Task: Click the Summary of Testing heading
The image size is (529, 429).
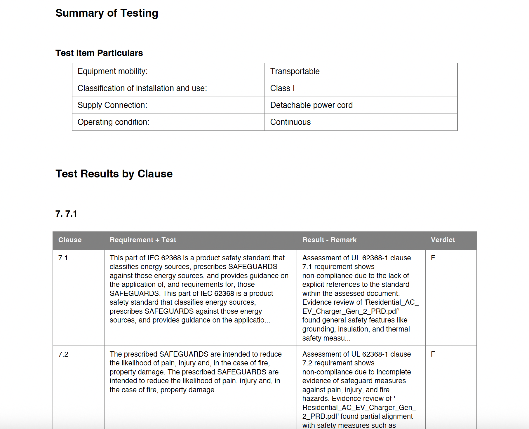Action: pyautogui.click(x=107, y=13)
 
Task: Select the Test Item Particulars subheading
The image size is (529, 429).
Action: pyautogui.click(x=99, y=53)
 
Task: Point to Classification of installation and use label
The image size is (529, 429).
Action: pyautogui.click(x=142, y=88)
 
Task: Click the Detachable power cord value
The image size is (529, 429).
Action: pyautogui.click(x=311, y=105)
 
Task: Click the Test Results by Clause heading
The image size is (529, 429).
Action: pyautogui.click(x=114, y=174)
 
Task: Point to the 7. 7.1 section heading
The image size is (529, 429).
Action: pyautogui.click(x=66, y=214)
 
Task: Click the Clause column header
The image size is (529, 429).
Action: pyautogui.click(x=70, y=240)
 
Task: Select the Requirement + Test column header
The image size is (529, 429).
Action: pyautogui.click(x=143, y=240)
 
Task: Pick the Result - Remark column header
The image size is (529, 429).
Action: pyautogui.click(x=329, y=240)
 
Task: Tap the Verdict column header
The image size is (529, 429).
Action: pyautogui.click(x=443, y=240)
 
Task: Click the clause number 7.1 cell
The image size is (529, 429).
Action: pyautogui.click(x=63, y=258)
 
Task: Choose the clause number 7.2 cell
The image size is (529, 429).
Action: pyautogui.click(x=63, y=354)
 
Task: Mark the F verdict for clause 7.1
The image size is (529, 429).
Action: pyautogui.click(x=433, y=258)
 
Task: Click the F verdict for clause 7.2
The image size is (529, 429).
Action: pyautogui.click(x=433, y=354)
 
